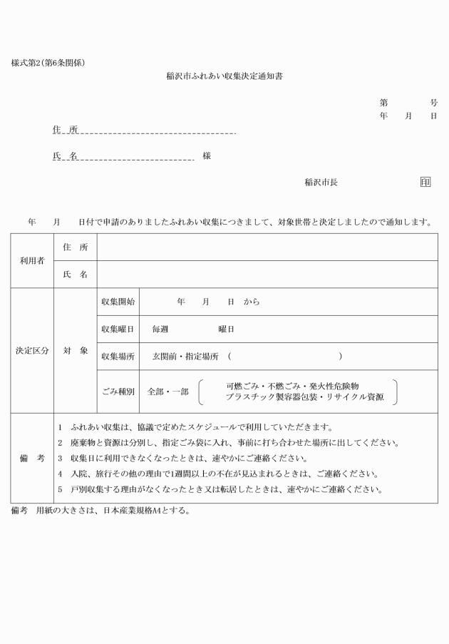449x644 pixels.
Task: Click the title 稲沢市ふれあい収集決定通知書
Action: pyautogui.click(x=224, y=74)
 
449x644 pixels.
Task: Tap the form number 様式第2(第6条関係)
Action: pyautogui.click(x=48, y=63)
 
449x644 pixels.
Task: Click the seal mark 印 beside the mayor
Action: pyautogui.click(x=425, y=182)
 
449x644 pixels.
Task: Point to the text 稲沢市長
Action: pyautogui.click(x=321, y=182)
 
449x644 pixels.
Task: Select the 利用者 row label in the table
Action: pyautogui.click(x=31, y=260)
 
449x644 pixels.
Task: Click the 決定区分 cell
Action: pyautogui.click(x=31, y=351)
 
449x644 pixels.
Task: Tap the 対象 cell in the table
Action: pyautogui.click(x=75, y=351)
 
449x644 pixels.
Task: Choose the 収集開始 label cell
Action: pyautogui.click(x=117, y=302)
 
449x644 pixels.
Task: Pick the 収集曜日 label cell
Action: pyautogui.click(x=117, y=329)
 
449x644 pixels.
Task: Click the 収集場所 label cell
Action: pyautogui.click(x=117, y=357)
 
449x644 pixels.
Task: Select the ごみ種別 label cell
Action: pyautogui.click(x=117, y=392)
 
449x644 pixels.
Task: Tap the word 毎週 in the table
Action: pyautogui.click(x=160, y=329)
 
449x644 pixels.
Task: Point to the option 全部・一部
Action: pyautogui.click(x=167, y=392)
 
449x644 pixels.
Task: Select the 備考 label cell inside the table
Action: pyautogui.click(x=31, y=458)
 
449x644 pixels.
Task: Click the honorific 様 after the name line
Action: pyautogui.click(x=207, y=155)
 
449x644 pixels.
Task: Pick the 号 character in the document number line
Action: pyautogui.click(x=433, y=103)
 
